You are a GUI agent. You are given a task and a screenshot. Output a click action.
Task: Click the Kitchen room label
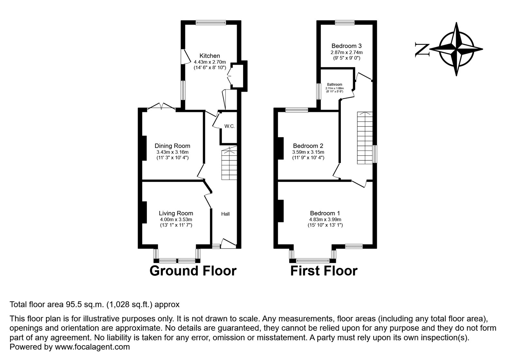click(x=210, y=56)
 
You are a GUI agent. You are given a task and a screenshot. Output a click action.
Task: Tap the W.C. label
click(x=229, y=126)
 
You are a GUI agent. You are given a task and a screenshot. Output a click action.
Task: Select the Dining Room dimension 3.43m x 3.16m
click(x=172, y=152)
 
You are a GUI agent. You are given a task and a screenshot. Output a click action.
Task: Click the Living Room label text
click(x=176, y=213)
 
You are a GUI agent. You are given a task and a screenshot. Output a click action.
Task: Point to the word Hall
click(x=225, y=214)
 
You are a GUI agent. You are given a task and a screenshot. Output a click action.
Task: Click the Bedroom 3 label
click(x=346, y=46)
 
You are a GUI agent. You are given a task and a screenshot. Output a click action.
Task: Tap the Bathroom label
click(x=334, y=85)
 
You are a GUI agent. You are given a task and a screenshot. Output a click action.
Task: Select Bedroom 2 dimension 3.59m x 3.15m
click(x=308, y=152)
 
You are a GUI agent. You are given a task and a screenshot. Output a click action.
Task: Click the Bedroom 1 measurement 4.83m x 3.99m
click(x=325, y=219)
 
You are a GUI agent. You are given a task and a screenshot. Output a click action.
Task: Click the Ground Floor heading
click(x=193, y=271)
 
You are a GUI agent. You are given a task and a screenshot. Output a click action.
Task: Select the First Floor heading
click(x=323, y=271)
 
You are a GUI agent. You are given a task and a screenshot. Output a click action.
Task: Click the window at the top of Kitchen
click(x=211, y=23)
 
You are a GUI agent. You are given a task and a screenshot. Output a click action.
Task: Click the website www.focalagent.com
click(x=92, y=347)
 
